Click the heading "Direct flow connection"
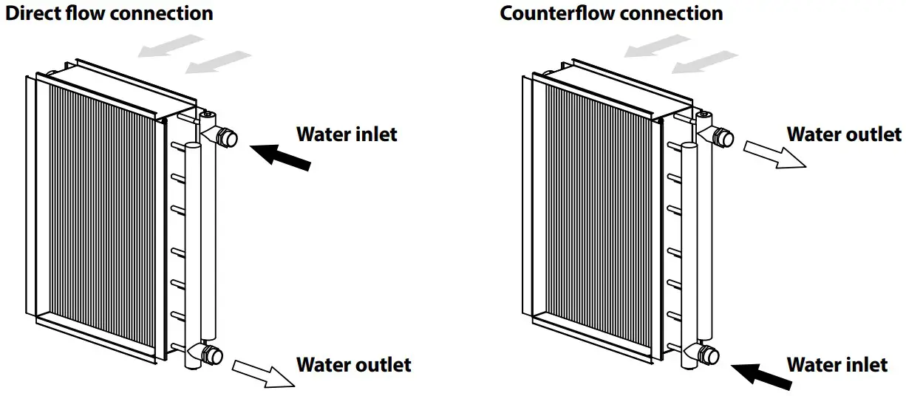tap(109, 13)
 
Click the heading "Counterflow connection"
tap(611, 13)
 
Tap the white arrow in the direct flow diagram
tap(263, 373)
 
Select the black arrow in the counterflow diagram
tap(766, 375)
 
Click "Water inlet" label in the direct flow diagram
tap(347, 134)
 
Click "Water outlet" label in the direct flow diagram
tap(353, 364)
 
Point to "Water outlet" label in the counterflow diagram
tap(844, 134)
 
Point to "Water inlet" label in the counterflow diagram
tap(837, 364)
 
